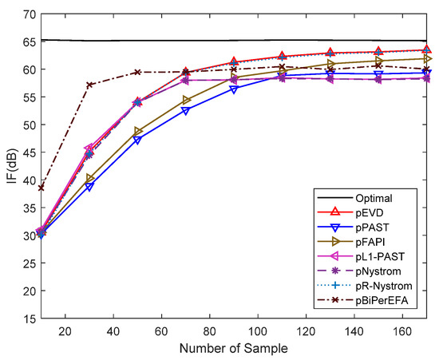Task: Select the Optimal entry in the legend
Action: click(x=386, y=196)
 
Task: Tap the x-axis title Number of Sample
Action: click(x=233, y=349)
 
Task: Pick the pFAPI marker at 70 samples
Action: click(x=185, y=100)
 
